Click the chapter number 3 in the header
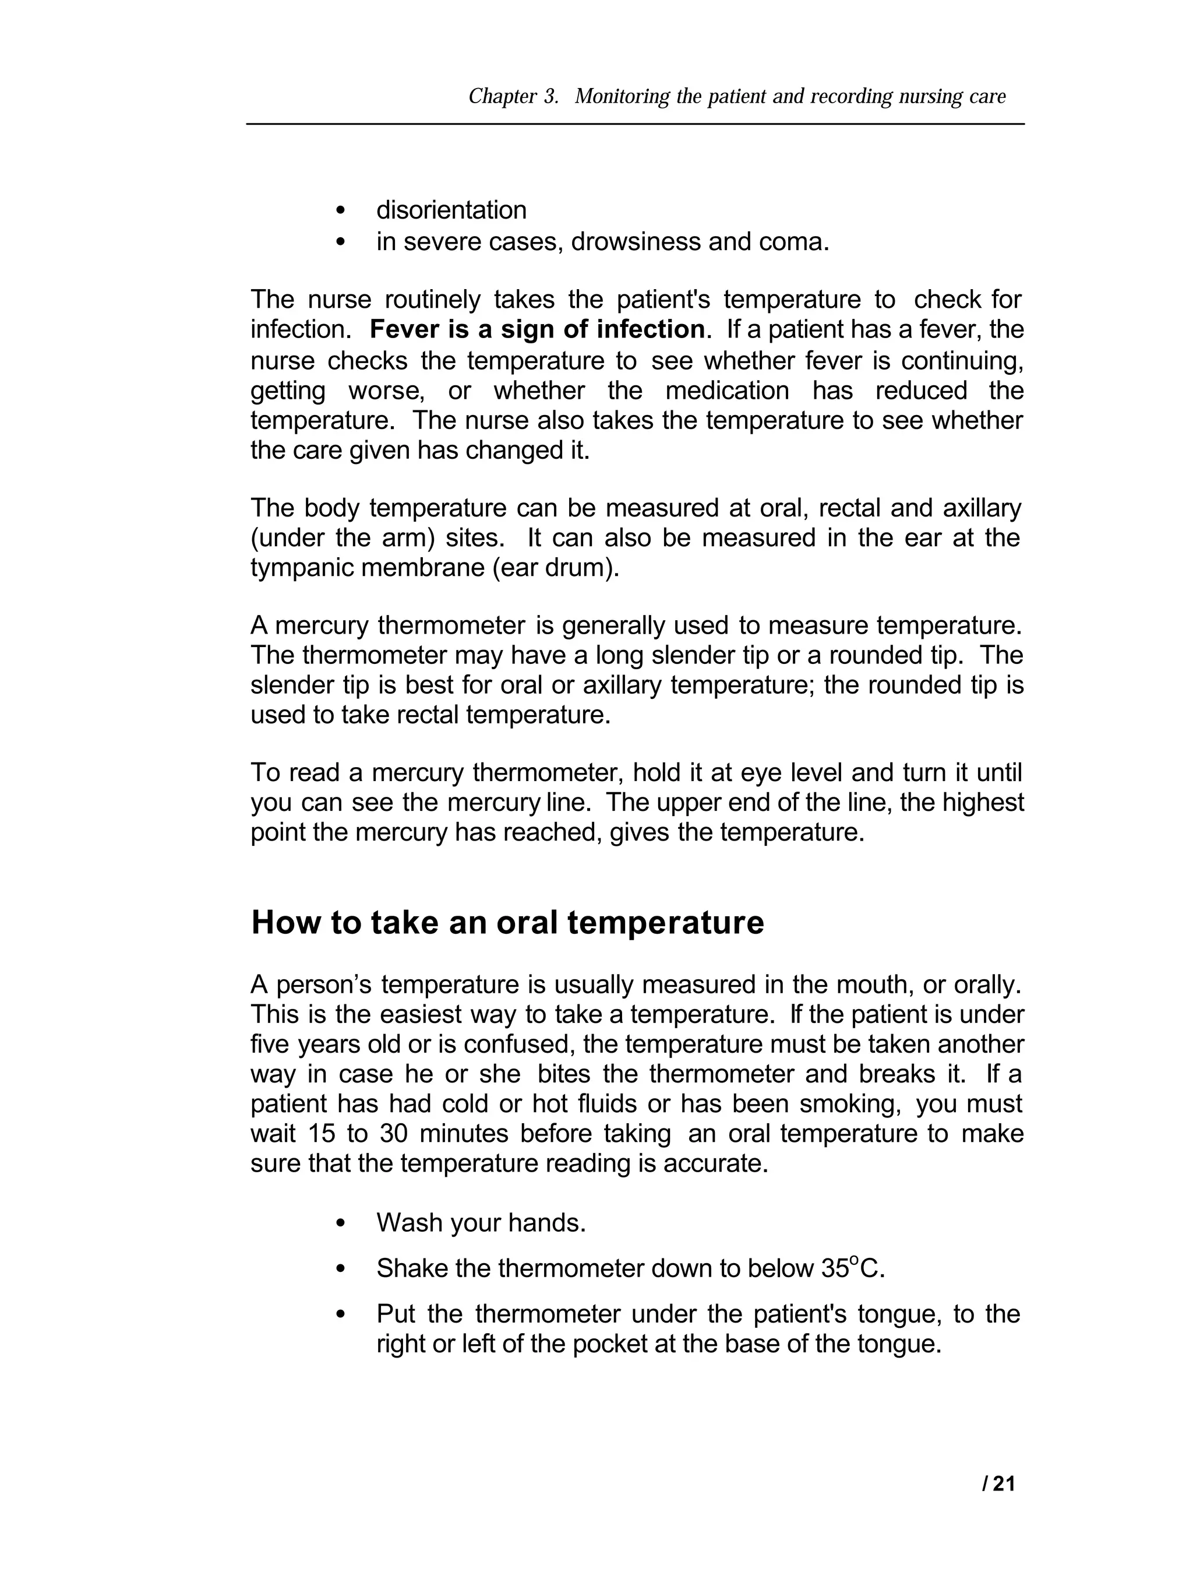point(550,97)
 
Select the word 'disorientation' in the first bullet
point(451,210)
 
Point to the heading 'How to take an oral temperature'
point(507,923)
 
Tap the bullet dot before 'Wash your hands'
point(340,1224)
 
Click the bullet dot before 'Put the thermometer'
point(340,1314)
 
